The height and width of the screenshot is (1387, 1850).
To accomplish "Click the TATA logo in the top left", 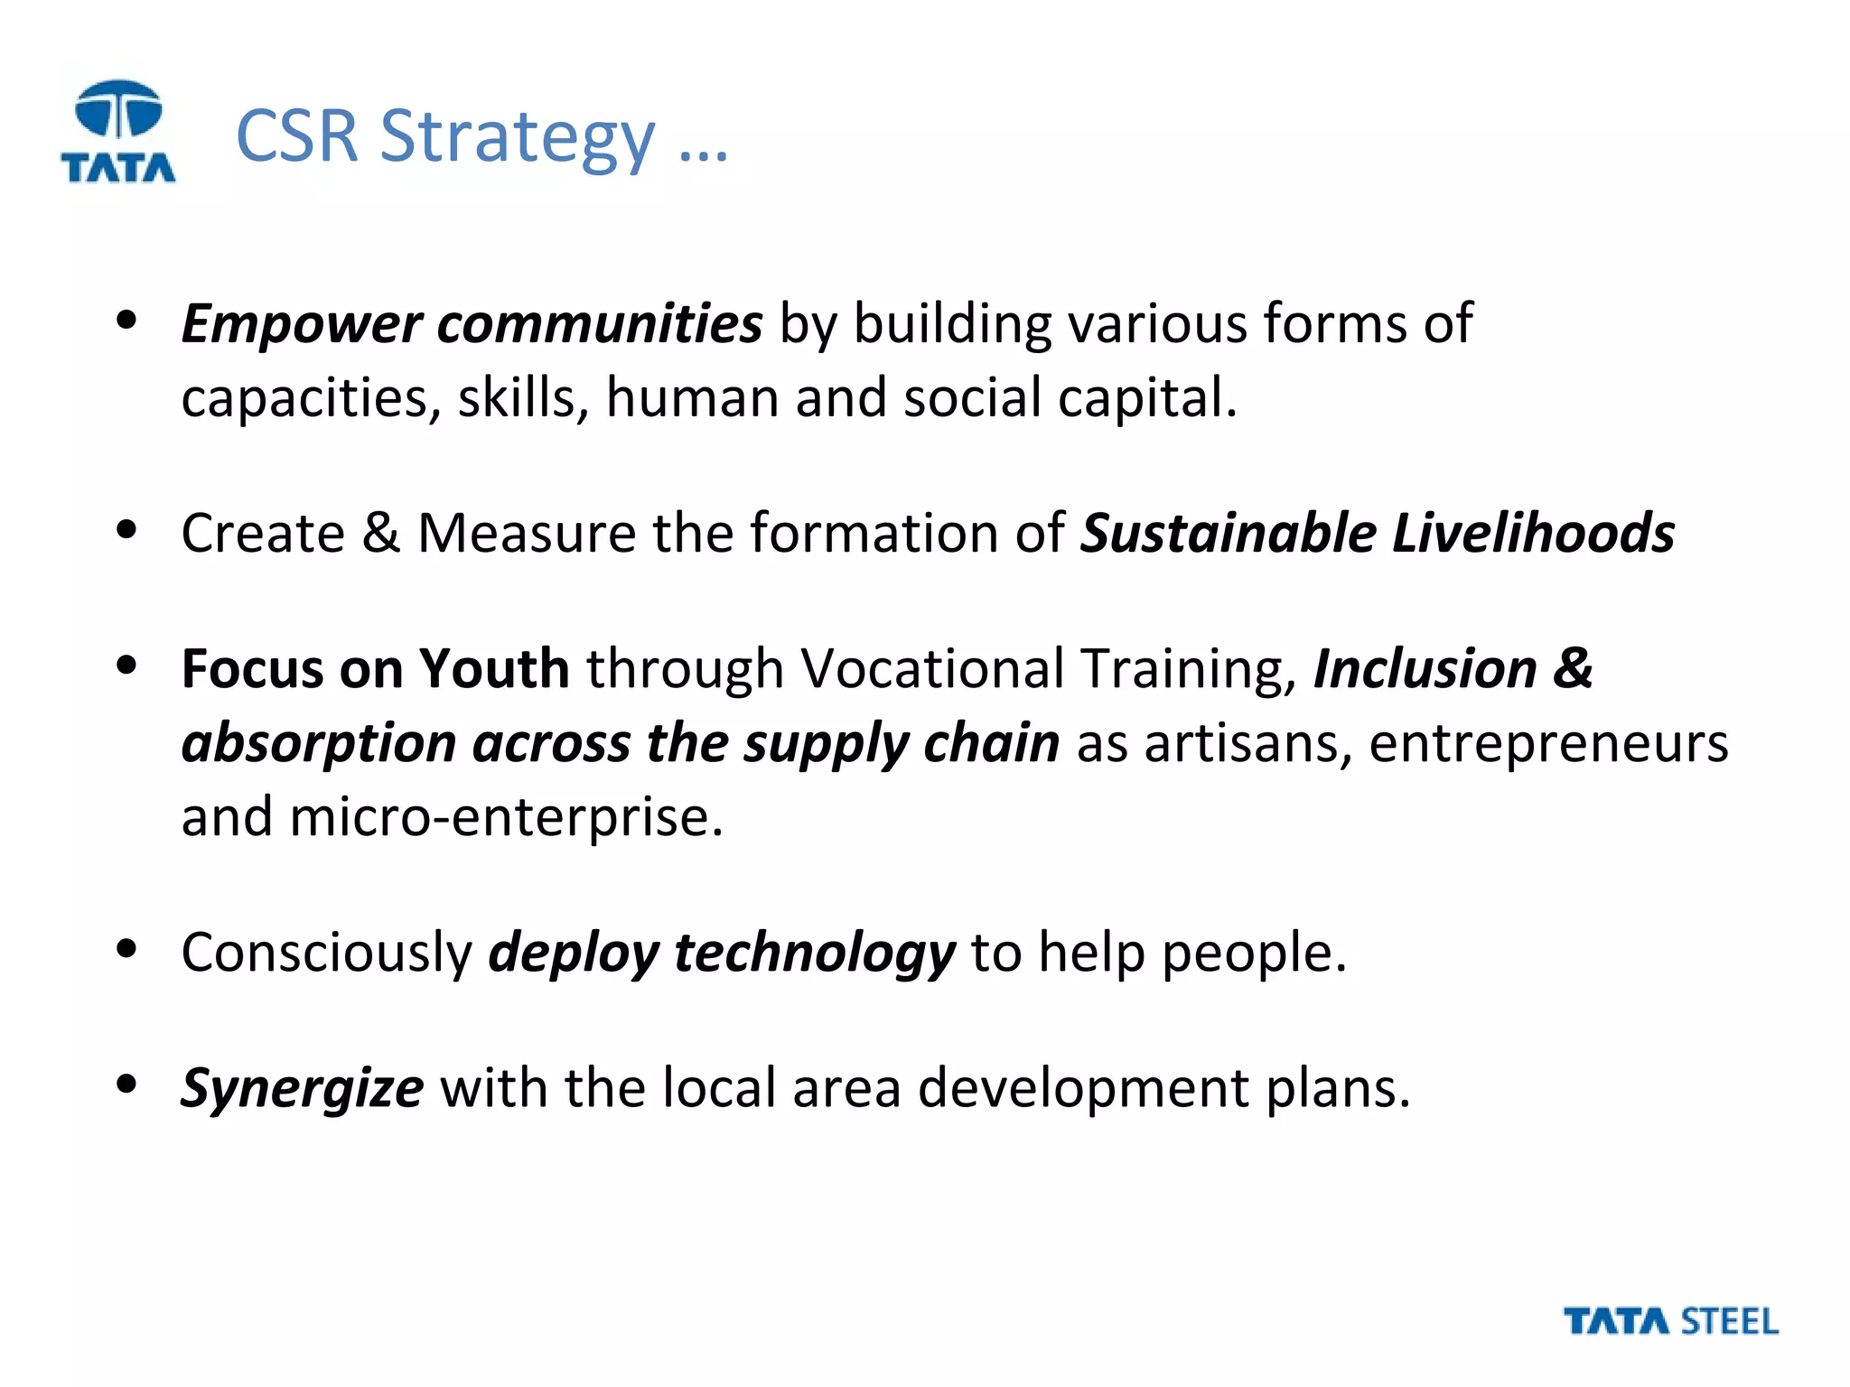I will [x=118, y=132].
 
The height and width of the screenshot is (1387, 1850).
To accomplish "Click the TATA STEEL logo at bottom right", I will [x=1670, y=1322].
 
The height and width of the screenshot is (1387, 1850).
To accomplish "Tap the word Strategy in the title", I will [x=517, y=137].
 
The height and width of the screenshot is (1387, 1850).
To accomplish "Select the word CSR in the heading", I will [x=297, y=137].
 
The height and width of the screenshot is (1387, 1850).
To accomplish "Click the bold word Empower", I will [x=302, y=324].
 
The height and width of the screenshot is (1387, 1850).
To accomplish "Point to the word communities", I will [x=600, y=324].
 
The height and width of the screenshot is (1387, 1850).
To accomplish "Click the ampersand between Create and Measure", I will [x=380, y=533].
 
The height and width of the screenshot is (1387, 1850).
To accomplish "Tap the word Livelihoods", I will [x=1533, y=533].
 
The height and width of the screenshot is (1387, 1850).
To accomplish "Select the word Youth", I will [x=494, y=669].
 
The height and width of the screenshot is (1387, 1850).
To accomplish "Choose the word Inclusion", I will [x=1425, y=669].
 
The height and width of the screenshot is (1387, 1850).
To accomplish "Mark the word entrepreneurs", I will [x=1548, y=744].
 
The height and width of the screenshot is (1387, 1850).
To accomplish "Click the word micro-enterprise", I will [x=506, y=817].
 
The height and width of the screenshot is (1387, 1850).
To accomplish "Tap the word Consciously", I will [x=326, y=953].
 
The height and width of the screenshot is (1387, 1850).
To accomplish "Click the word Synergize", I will [x=302, y=1089].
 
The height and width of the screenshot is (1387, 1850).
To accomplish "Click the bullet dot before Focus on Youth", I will [x=126, y=666].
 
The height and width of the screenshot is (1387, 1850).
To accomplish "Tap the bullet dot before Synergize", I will [x=126, y=1084].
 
